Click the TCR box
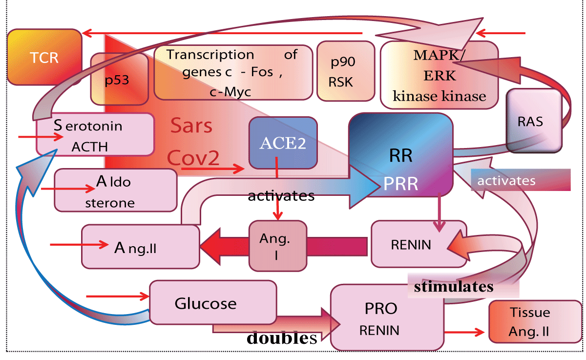pyautogui.click(x=44, y=57)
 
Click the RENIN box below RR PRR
pyautogui.click(x=418, y=244)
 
